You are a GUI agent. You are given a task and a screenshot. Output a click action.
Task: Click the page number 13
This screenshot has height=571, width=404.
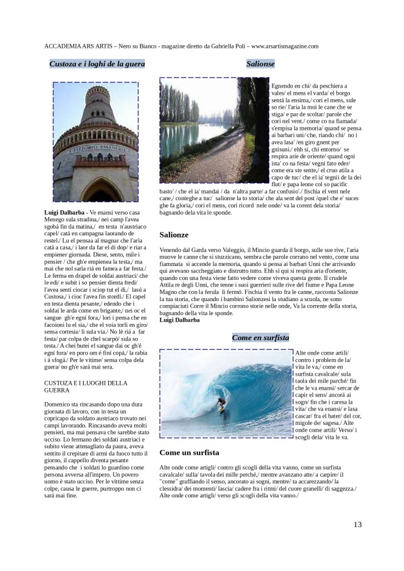coord(357,524)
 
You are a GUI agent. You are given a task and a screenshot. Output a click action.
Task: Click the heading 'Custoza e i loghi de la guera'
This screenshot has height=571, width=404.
coord(97,64)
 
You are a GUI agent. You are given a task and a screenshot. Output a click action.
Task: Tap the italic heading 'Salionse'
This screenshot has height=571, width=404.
coord(260,64)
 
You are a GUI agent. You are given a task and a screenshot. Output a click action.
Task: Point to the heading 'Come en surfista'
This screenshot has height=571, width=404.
coord(260,337)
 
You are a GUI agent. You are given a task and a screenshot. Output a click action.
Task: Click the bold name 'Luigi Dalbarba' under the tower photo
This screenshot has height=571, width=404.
coord(64,213)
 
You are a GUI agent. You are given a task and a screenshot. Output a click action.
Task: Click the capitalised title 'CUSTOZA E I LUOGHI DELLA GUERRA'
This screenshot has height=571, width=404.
coord(85,386)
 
